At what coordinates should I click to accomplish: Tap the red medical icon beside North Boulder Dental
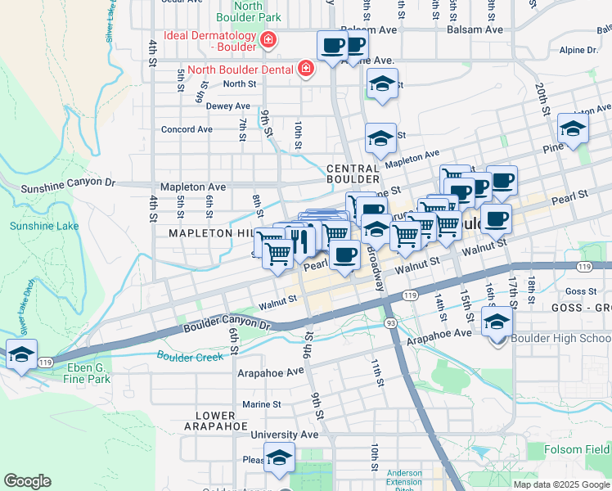[x=306, y=70]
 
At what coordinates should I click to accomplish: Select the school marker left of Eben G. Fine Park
[x=22, y=354]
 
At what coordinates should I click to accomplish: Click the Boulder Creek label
[x=189, y=357]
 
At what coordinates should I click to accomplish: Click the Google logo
[x=27, y=481]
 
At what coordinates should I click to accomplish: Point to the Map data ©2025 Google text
[x=560, y=484]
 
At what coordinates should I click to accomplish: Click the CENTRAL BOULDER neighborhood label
[x=353, y=173]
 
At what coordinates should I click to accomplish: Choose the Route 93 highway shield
[x=391, y=324]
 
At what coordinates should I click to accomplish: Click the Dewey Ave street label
[x=228, y=106]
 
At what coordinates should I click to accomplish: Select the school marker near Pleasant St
[x=279, y=458]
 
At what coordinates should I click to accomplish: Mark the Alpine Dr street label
[x=579, y=50]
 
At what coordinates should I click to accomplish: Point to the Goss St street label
[x=580, y=291]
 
